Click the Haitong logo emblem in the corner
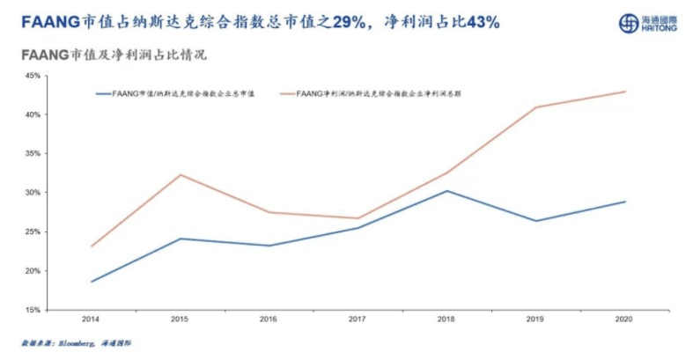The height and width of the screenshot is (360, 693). pyautogui.click(x=629, y=23)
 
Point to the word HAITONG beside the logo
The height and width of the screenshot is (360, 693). pyautogui.click(x=661, y=28)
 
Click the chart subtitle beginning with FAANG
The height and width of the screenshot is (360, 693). pyautogui.click(x=114, y=55)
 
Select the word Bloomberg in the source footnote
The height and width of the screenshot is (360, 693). pyautogui.click(x=84, y=342)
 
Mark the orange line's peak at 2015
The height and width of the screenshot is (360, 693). pyautogui.click(x=180, y=174)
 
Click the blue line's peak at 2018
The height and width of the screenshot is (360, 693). pyautogui.click(x=446, y=191)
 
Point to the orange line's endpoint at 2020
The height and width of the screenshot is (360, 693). pyautogui.click(x=624, y=92)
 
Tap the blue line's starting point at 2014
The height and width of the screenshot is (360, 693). pyautogui.click(x=91, y=282)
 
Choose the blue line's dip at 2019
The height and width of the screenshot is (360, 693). pyautogui.click(x=535, y=221)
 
